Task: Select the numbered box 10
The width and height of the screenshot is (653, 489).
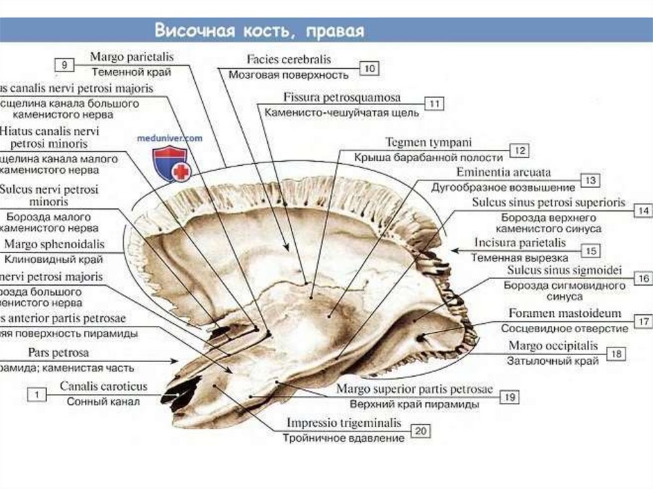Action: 369,68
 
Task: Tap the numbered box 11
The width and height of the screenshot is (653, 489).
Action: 435,103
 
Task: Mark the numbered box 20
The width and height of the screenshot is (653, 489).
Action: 420,431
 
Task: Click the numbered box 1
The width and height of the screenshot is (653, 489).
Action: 37,395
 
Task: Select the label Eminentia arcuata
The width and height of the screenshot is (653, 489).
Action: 503,173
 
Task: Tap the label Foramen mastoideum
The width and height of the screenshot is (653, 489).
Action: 555,314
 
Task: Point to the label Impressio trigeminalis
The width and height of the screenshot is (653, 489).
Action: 344,423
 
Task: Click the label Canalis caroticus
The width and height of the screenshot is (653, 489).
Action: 103,386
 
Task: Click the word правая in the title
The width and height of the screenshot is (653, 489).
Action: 334,31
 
